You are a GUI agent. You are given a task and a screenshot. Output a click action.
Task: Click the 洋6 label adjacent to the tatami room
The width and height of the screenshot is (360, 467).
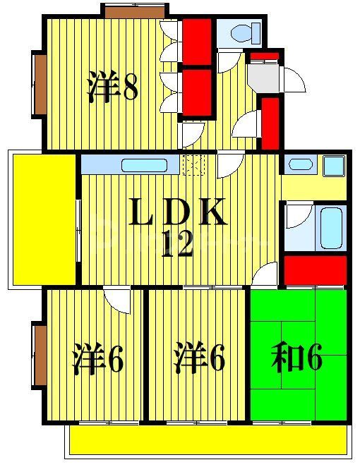(199, 360)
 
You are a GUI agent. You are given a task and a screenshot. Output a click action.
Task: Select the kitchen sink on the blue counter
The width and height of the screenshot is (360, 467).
(144, 166)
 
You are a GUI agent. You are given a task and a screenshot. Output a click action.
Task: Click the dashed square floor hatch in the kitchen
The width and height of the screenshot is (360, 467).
(193, 165)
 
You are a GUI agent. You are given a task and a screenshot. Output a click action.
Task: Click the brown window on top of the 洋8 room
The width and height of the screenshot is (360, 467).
(134, 11)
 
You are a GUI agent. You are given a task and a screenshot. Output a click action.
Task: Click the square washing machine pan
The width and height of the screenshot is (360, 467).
(332, 166)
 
